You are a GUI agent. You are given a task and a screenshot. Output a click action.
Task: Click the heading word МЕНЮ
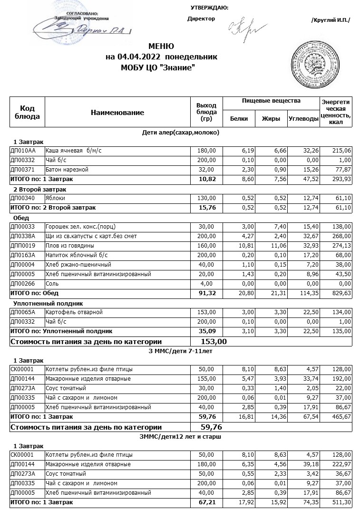point(161,47)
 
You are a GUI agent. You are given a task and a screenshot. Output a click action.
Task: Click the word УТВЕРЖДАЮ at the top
point(209,8)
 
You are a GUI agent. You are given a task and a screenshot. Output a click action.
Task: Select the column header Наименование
point(117,113)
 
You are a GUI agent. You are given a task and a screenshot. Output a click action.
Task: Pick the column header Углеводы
point(303,119)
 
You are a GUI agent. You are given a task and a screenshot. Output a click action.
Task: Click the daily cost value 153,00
point(214,341)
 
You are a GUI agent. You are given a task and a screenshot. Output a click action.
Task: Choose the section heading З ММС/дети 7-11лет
point(181,351)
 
